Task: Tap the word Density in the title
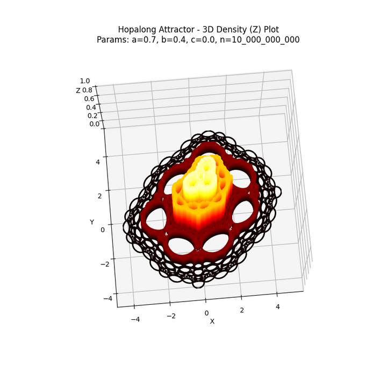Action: [x=230, y=29]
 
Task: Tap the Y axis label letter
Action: [x=92, y=222]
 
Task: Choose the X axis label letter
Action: [x=212, y=321]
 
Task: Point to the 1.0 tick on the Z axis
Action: [x=85, y=81]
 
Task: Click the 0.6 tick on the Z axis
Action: [x=89, y=99]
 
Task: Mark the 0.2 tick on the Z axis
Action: [x=92, y=116]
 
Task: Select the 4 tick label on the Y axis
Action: [x=98, y=161]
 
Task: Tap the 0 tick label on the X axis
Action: [x=206, y=313]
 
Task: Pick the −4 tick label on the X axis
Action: [x=135, y=319]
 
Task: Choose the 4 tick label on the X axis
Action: [x=277, y=307]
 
